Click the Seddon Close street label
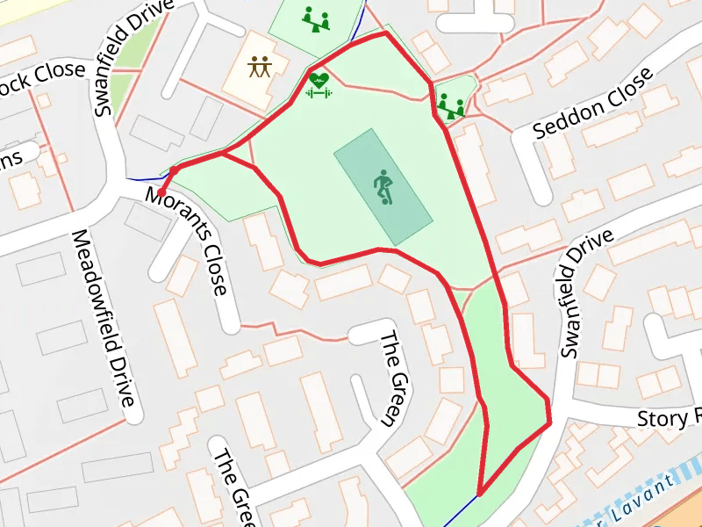point(594,104)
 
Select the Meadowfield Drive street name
point(104,319)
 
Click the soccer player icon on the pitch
point(383,187)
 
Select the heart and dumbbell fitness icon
point(319,84)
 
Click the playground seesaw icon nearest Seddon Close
point(451,107)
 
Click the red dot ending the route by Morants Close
point(162,191)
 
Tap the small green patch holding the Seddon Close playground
point(463,88)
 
